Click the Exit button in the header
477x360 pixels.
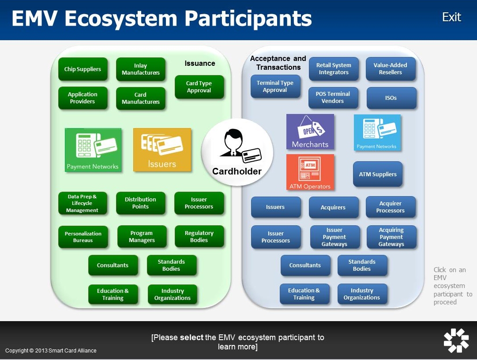[451, 17]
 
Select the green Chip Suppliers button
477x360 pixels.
[83, 69]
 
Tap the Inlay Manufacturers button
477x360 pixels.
[141, 69]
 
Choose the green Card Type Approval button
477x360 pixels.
[199, 87]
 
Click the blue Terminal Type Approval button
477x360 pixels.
[275, 87]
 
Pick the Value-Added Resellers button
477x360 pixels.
[391, 69]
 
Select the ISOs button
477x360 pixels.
[391, 98]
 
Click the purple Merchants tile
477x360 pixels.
[310, 132]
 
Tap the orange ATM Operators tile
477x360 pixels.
[310, 172]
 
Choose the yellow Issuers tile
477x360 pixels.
[162, 150]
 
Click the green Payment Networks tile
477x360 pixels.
[93, 150]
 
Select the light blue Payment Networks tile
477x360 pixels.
[377, 133]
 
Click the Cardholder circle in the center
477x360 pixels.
[237, 152]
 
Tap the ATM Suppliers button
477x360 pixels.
[378, 174]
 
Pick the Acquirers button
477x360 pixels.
[333, 208]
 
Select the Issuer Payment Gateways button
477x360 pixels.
[334, 237]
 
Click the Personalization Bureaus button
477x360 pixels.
[83, 237]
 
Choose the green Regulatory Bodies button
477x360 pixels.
[199, 237]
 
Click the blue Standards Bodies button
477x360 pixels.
[362, 265]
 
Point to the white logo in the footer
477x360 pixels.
[456, 340]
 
